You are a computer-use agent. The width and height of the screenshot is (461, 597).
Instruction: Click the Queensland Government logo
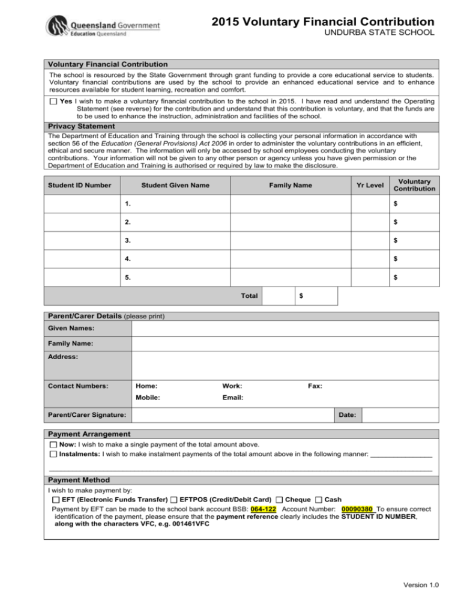pyautogui.click(x=103, y=26)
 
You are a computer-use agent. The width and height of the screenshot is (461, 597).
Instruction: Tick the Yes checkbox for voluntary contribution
pyautogui.click(x=54, y=102)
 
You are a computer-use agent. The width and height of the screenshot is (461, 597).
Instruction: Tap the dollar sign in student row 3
pyautogui.click(x=395, y=240)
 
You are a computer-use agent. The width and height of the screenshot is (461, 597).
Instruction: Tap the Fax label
pyautogui.click(x=315, y=386)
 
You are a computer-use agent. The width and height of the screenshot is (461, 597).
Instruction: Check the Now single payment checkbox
pyautogui.click(x=53, y=445)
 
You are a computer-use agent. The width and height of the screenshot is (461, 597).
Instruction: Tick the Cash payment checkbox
pyautogui.click(x=318, y=500)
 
